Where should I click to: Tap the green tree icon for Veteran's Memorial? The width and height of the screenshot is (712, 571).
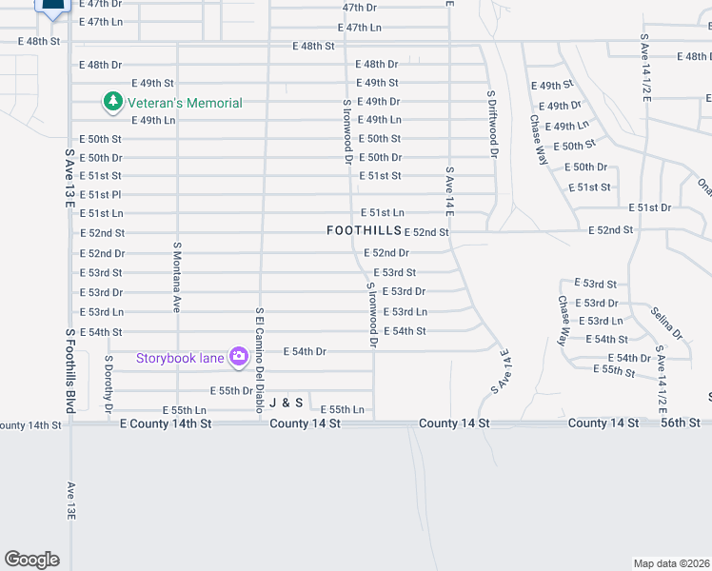(113, 101)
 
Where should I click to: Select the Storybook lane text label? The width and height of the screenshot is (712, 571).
(180, 358)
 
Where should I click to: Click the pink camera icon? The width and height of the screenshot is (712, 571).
(238, 357)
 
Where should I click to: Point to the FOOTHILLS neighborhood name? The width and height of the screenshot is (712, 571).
(364, 230)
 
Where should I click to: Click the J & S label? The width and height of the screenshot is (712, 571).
(285, 404)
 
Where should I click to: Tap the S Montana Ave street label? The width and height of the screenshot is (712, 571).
(177, 276)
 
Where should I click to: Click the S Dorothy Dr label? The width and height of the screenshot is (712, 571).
(109, 384)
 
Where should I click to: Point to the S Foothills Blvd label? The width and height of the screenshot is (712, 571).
(69, 371)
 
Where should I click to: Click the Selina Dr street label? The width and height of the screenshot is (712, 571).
(666, 324)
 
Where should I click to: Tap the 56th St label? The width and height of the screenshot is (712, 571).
(681, 423)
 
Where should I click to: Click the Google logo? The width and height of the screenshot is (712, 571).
(31, 560)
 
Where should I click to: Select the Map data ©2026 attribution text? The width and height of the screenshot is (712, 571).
(672, 563)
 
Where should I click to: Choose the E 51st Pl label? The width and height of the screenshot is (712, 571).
(100, 195)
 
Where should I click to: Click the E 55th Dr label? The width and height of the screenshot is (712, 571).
(230, 391)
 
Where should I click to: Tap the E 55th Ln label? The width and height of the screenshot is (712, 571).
(342, 409)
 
